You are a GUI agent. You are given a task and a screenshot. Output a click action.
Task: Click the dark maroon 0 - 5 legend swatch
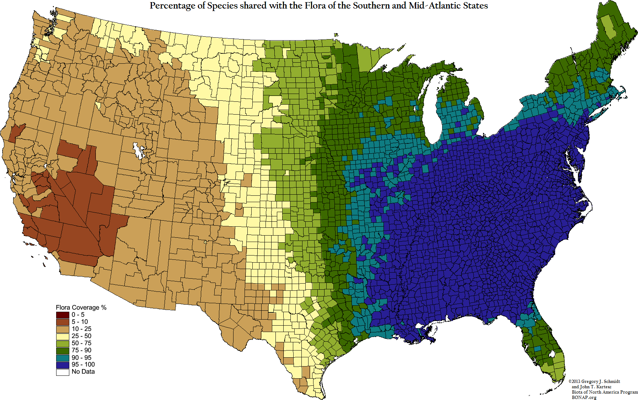pyautogui.click(x=63, y=315)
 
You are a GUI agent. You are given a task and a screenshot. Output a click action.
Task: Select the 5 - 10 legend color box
pyautogui.click(x=63, y=322)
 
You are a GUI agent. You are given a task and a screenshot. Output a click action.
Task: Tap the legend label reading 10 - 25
pyautogui.click(x=81, y=329)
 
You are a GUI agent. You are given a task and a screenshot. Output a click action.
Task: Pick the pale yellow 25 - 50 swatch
pyautogui.click(x=63, y=336)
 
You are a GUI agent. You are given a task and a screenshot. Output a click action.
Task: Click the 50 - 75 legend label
pyautogui.click(x=81, y=343)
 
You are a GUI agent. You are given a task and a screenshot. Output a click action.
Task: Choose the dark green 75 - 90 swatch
pyautogui.click(x=63, y=351)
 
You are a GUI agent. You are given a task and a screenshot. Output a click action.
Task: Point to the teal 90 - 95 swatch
pyautogui.click(x=63, y=358)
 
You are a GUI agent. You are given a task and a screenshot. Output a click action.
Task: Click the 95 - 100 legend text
pyautogui.click(x=83, y=365)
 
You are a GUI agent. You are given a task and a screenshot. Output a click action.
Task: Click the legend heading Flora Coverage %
pyautogui.click(x=81, y=307)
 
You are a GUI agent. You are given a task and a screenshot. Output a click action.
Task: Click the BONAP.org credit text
pyautogui.click(x=584, y=397)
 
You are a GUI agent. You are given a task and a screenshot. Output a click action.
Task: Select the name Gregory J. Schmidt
pyautogui.click(x=600, y=381)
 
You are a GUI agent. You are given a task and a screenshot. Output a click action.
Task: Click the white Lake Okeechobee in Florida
pyautogui.click(x=551, y=354)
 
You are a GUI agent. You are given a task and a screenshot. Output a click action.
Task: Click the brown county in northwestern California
pyautogui.click(x=16, y=133)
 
